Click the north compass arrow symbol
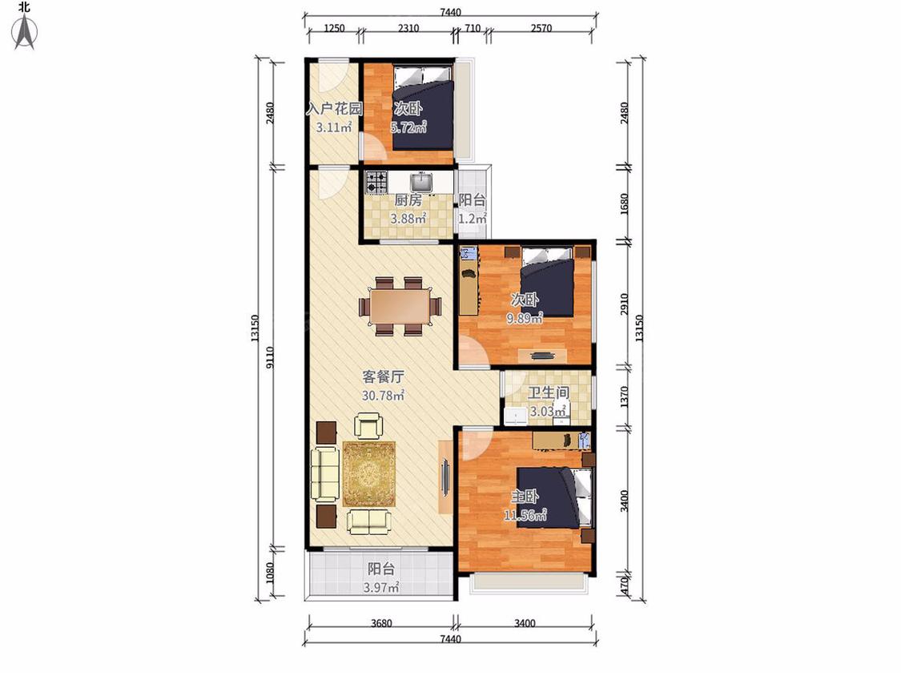coord(24,33)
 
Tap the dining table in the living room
coord(400,307)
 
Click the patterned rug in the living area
coord(369,474)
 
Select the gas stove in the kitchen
coord(376,182)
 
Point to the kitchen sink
coord(422,182)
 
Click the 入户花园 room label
coord(334,109)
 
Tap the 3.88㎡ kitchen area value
coord(408,219)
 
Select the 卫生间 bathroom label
coord(549,392)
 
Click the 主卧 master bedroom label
coord(525,496)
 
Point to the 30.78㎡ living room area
coord(383,396)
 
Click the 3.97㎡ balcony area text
coord(381,587)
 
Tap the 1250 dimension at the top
coord(334,28)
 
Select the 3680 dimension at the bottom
coord(381,623)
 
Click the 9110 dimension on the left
coord(271,358)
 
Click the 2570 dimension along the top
coord(541,28)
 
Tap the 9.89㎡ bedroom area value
coord(525,318)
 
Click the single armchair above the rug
coord(368,426)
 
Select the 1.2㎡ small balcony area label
coord(473,219)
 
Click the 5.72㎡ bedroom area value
coord(408,127)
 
